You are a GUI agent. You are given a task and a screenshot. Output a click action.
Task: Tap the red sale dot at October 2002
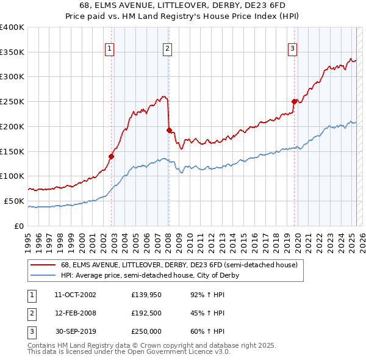click(112, 156)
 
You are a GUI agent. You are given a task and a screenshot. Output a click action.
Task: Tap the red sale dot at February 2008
click(169, 129)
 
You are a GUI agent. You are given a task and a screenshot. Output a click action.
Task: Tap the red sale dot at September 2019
click(294, 101)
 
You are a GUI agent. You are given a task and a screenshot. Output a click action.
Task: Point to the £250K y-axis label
click(12, 102)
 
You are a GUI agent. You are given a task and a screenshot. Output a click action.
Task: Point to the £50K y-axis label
click(13, 201)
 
